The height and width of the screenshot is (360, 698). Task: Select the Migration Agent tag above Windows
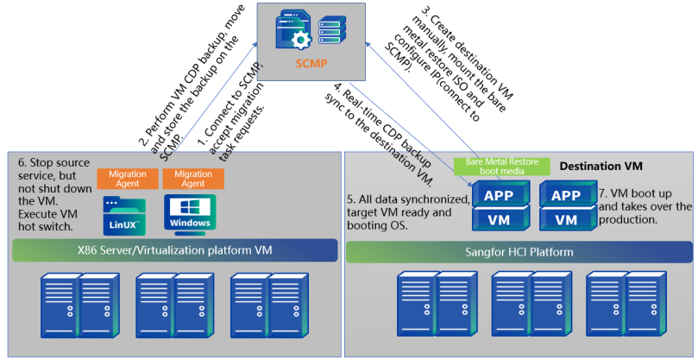click(x=192, y=179)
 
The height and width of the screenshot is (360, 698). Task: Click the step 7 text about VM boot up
click(x=645, y=205)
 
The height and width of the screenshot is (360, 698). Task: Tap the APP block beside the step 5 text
click(x=499, y=195)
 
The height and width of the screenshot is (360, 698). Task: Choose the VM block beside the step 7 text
click(x=566, y=219)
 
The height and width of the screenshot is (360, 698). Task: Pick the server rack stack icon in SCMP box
click(x=335, y=33)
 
